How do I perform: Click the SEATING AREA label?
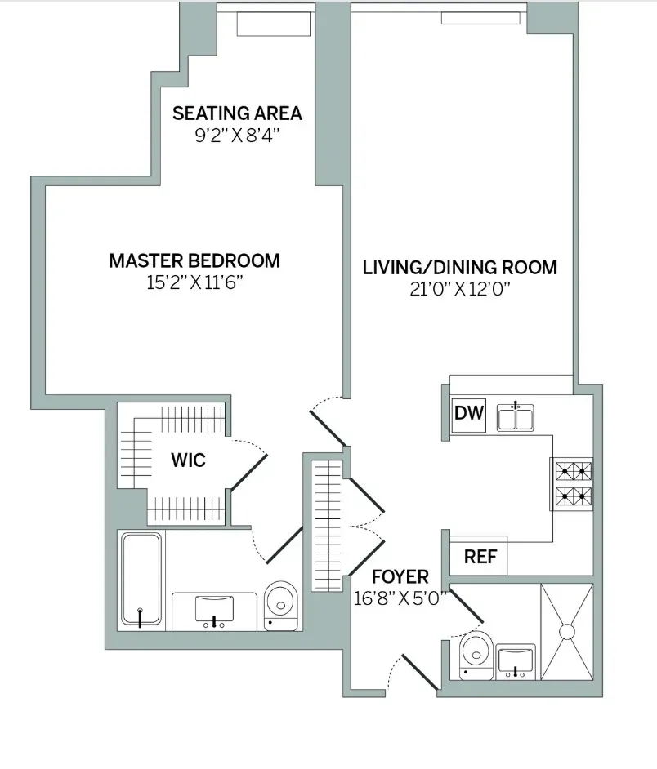coord(237,113)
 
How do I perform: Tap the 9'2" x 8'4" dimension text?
coord(237,135)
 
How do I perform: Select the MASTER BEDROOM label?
coord(194,261)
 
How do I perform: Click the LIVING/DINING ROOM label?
coord(460,267)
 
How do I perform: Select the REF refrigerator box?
coord(480,557)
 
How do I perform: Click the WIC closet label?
coord(188,460)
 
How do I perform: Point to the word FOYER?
coord(400,578)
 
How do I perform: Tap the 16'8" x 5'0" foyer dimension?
coord(400,598)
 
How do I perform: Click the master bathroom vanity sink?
coord(214,609)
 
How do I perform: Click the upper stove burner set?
coord(574,471)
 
